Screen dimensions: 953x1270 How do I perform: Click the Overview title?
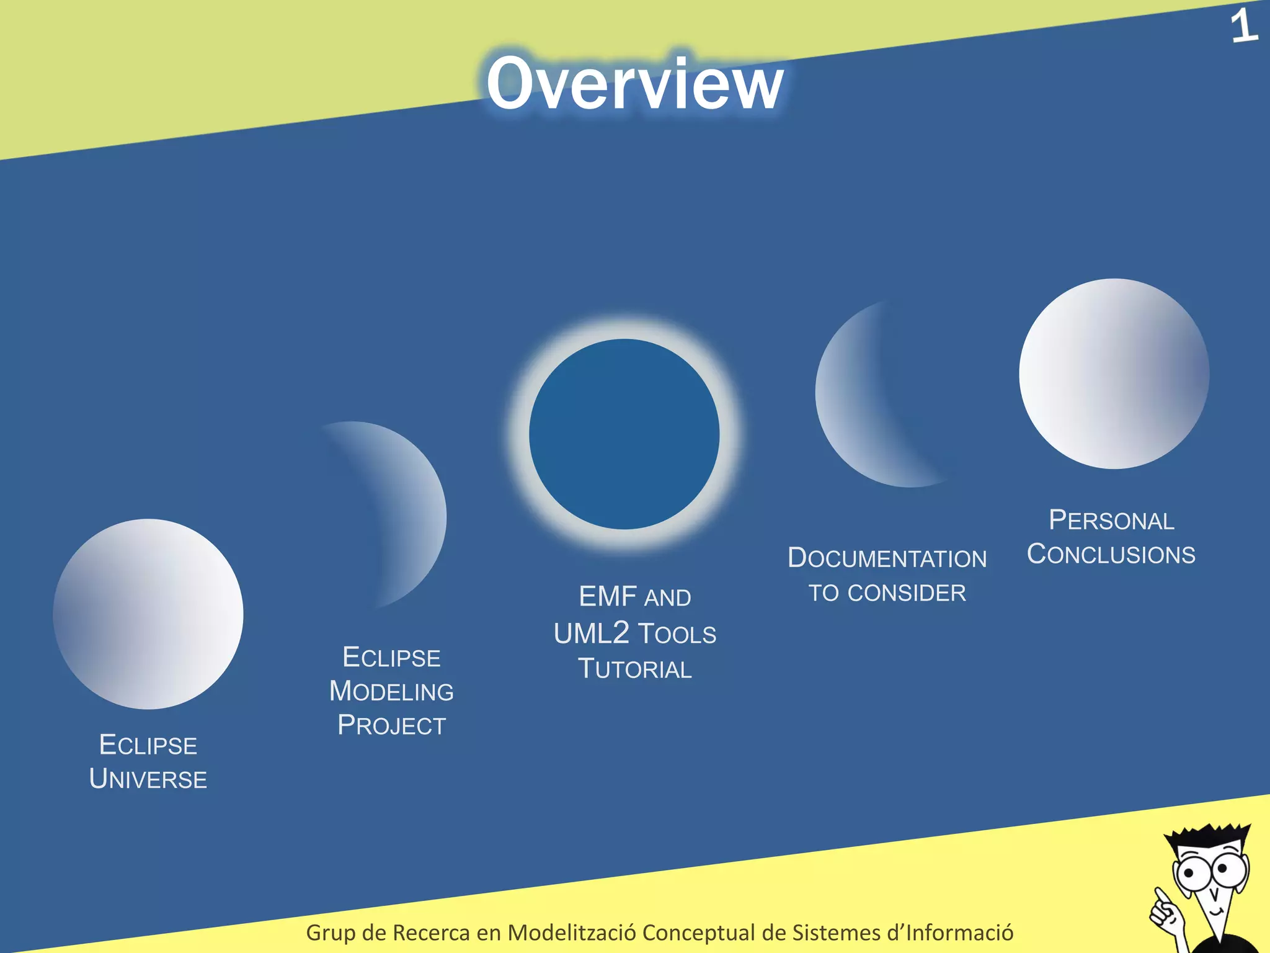point(634,84)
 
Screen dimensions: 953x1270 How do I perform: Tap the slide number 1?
point(1243,27)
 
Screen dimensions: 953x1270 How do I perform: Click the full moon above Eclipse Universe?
point(148,614)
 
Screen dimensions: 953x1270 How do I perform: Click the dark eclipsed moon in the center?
point(624,434)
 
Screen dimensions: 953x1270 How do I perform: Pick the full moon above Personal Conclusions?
point(1114,374)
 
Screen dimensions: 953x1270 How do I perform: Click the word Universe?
point(148,779)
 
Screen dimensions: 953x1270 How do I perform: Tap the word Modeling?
point(391,691)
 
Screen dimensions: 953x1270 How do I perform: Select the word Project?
point(391,725)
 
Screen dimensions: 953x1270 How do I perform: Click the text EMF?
point(608,597)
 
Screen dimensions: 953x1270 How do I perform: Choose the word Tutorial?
point(634,669)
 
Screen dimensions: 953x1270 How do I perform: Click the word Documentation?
point(887,558)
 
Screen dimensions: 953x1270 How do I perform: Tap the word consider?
point(907,593)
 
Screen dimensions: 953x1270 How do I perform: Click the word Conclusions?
point(1111,554)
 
